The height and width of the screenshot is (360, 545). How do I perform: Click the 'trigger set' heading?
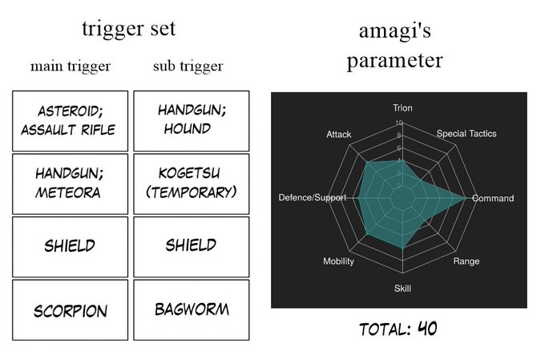(128, 29)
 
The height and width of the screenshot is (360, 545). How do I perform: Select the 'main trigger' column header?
(71, 66)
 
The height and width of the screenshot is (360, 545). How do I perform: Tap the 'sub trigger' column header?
(188, 66)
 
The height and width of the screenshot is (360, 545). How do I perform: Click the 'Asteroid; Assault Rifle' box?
(71, 121)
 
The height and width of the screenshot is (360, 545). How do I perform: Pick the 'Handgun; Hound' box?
(192, 121)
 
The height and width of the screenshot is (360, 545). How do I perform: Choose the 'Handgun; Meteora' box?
(71, 183)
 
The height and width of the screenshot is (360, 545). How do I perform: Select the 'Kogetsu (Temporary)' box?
(192, 183)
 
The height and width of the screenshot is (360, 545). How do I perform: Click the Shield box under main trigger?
(71, 246)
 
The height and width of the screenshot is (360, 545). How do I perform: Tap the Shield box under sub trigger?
(192, 246)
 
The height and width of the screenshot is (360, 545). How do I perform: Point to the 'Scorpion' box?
(71, 310)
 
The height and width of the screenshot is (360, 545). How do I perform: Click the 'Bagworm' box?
(192, 310)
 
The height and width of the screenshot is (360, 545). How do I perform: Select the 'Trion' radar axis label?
(402, 108)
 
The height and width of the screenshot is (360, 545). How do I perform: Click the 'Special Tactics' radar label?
(466, 134)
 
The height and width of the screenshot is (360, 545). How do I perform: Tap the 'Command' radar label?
(493, 198)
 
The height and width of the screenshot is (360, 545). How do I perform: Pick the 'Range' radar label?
(466, 262)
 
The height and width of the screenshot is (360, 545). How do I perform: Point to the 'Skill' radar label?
(402, 289)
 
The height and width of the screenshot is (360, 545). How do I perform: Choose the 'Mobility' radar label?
(338, 262)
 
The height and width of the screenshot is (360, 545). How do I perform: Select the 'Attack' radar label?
(338, 134)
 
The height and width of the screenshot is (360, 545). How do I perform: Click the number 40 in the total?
(427, 329)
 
